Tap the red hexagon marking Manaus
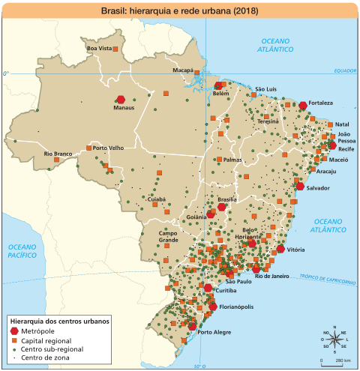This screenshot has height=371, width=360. pyautogui.click(x=121, y=99)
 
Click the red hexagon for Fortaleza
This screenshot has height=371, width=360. pyautogui.click(x=303, y=106)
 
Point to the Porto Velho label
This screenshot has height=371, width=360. pyautogui.click(x=107, y=148)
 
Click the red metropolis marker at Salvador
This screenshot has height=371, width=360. pyautogui.click(x=300, y=187)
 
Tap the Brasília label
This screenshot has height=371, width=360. pyautogui.click(x=226, y=199)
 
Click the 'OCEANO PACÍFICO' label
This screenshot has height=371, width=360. pyautogui.click(x=22, y=250)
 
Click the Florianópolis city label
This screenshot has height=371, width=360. pyautogui.click(x=237, y=307)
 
